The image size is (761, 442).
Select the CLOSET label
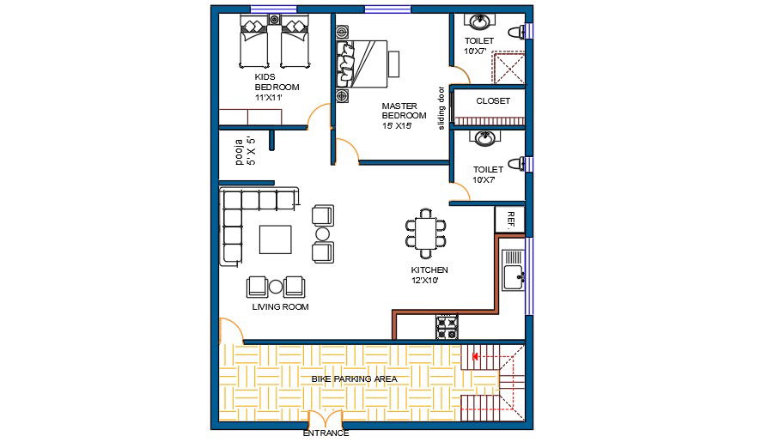click(493, 101)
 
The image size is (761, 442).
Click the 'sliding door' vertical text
click(441, 107)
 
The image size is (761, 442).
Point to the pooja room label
click(245, 151)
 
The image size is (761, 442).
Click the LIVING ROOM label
click(280, 306)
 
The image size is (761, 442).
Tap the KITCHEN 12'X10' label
click(429, 275)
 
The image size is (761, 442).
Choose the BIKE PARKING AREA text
click(354, 378)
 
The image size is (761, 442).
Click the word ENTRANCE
click(326, 433)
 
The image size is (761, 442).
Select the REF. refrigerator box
click(509, 220)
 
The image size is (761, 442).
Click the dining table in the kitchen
click(426, 233)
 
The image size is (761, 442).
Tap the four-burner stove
click(447, 327)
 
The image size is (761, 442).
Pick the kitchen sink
click(513, 270)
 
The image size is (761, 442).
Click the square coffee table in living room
click(275, 239)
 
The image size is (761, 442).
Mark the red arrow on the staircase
click(475, 357)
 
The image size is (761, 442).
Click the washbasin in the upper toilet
click(480, 21)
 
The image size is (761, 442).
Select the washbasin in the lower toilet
click(484, 138)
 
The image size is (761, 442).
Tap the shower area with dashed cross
click(508, 68)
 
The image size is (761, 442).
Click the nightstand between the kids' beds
click(274, 20)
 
